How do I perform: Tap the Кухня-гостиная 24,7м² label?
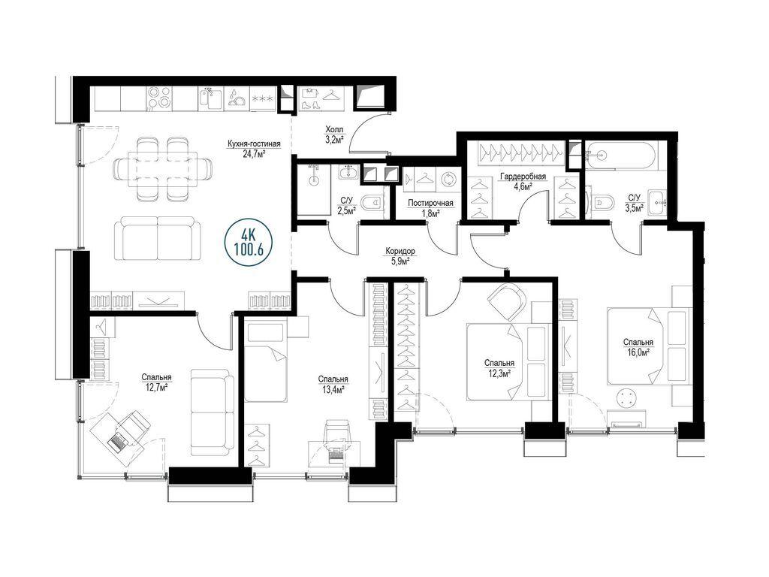pos(254,149)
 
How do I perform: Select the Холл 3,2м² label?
pos(334,134)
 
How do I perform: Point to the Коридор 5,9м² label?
pos(400,256)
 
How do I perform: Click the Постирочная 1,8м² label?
pos(430,208)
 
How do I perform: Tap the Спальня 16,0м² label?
pos(638,347)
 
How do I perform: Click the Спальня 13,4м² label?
pos(333,384)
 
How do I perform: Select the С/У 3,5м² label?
pos(635,202)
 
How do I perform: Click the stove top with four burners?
pos(160,98)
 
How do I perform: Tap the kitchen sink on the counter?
pos(211,98)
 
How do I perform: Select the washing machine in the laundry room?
pos(448,180)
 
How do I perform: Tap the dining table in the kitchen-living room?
pos(163,169)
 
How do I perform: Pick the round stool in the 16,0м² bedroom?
pos(626,397)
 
